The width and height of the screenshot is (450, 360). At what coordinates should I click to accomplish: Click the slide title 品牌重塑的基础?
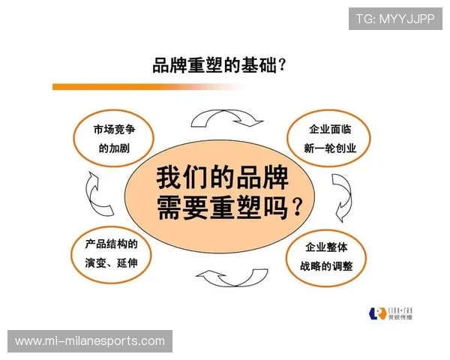click(x=218, y=66)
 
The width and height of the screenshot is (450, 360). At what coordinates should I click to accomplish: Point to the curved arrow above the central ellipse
click(x=222, y=118)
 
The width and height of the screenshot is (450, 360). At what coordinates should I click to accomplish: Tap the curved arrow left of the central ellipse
click(x=97, y=194)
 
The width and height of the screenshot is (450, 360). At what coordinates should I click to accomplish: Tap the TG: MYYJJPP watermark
click(x=395, y=18)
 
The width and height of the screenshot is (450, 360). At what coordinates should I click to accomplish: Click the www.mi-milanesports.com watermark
click(x=90, y=341)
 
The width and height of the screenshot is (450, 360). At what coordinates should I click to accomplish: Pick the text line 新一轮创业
click(x=330, y=148)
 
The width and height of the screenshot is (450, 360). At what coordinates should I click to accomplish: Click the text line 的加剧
click(x=114, y=148)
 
